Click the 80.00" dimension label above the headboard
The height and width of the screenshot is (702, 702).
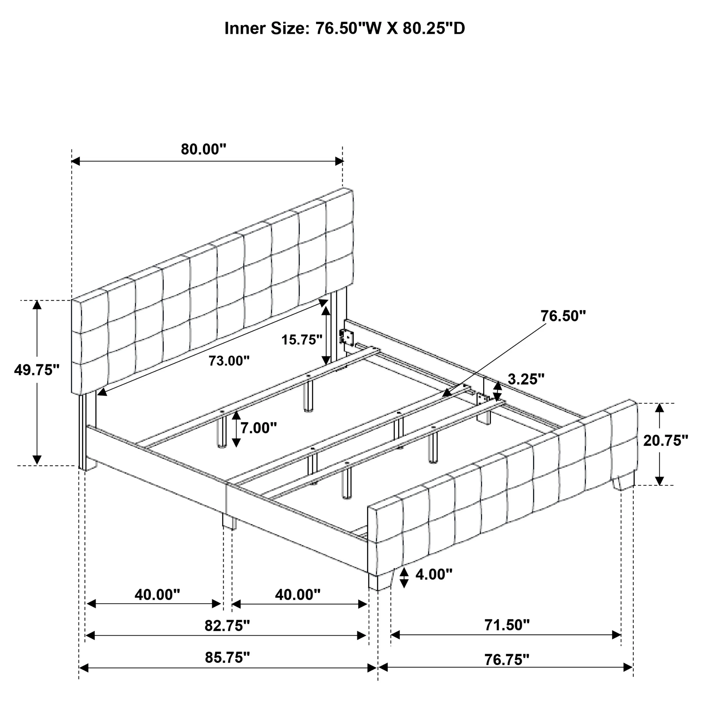204,149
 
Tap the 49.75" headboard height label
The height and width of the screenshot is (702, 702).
37,370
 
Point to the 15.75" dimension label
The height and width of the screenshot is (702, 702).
302,340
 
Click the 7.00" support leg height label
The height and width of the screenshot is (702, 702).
259,428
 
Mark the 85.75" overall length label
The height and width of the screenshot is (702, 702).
227,657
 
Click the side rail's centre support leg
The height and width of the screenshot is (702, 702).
229,521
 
